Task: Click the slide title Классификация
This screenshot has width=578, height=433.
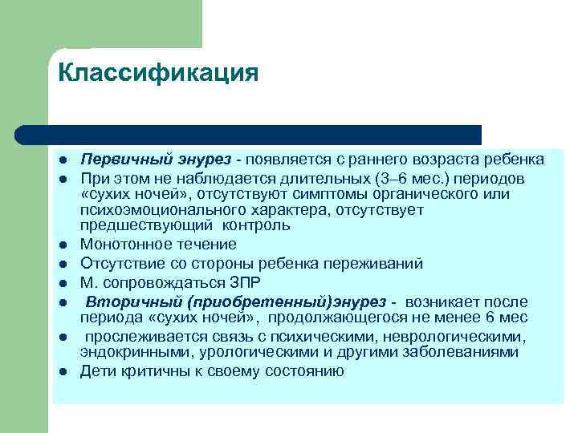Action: click(158, 74)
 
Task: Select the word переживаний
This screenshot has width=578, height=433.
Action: click(377, 264)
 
